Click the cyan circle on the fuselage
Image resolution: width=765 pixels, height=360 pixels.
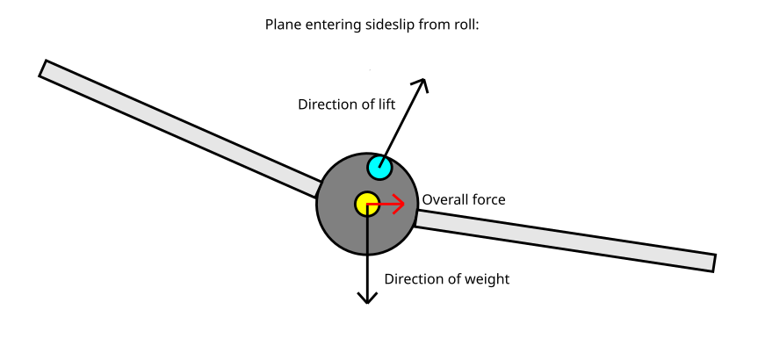379,166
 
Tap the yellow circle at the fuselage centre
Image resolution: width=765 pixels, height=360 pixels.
367,204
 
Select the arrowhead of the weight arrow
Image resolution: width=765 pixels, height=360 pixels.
367,298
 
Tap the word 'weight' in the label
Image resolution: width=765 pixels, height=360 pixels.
486,279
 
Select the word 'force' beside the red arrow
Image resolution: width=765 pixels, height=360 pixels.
489,199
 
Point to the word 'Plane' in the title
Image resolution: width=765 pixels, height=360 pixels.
284,25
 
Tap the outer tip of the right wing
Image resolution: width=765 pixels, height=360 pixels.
713,263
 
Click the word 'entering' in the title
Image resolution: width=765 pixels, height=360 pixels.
331,25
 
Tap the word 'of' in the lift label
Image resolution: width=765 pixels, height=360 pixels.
366,104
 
